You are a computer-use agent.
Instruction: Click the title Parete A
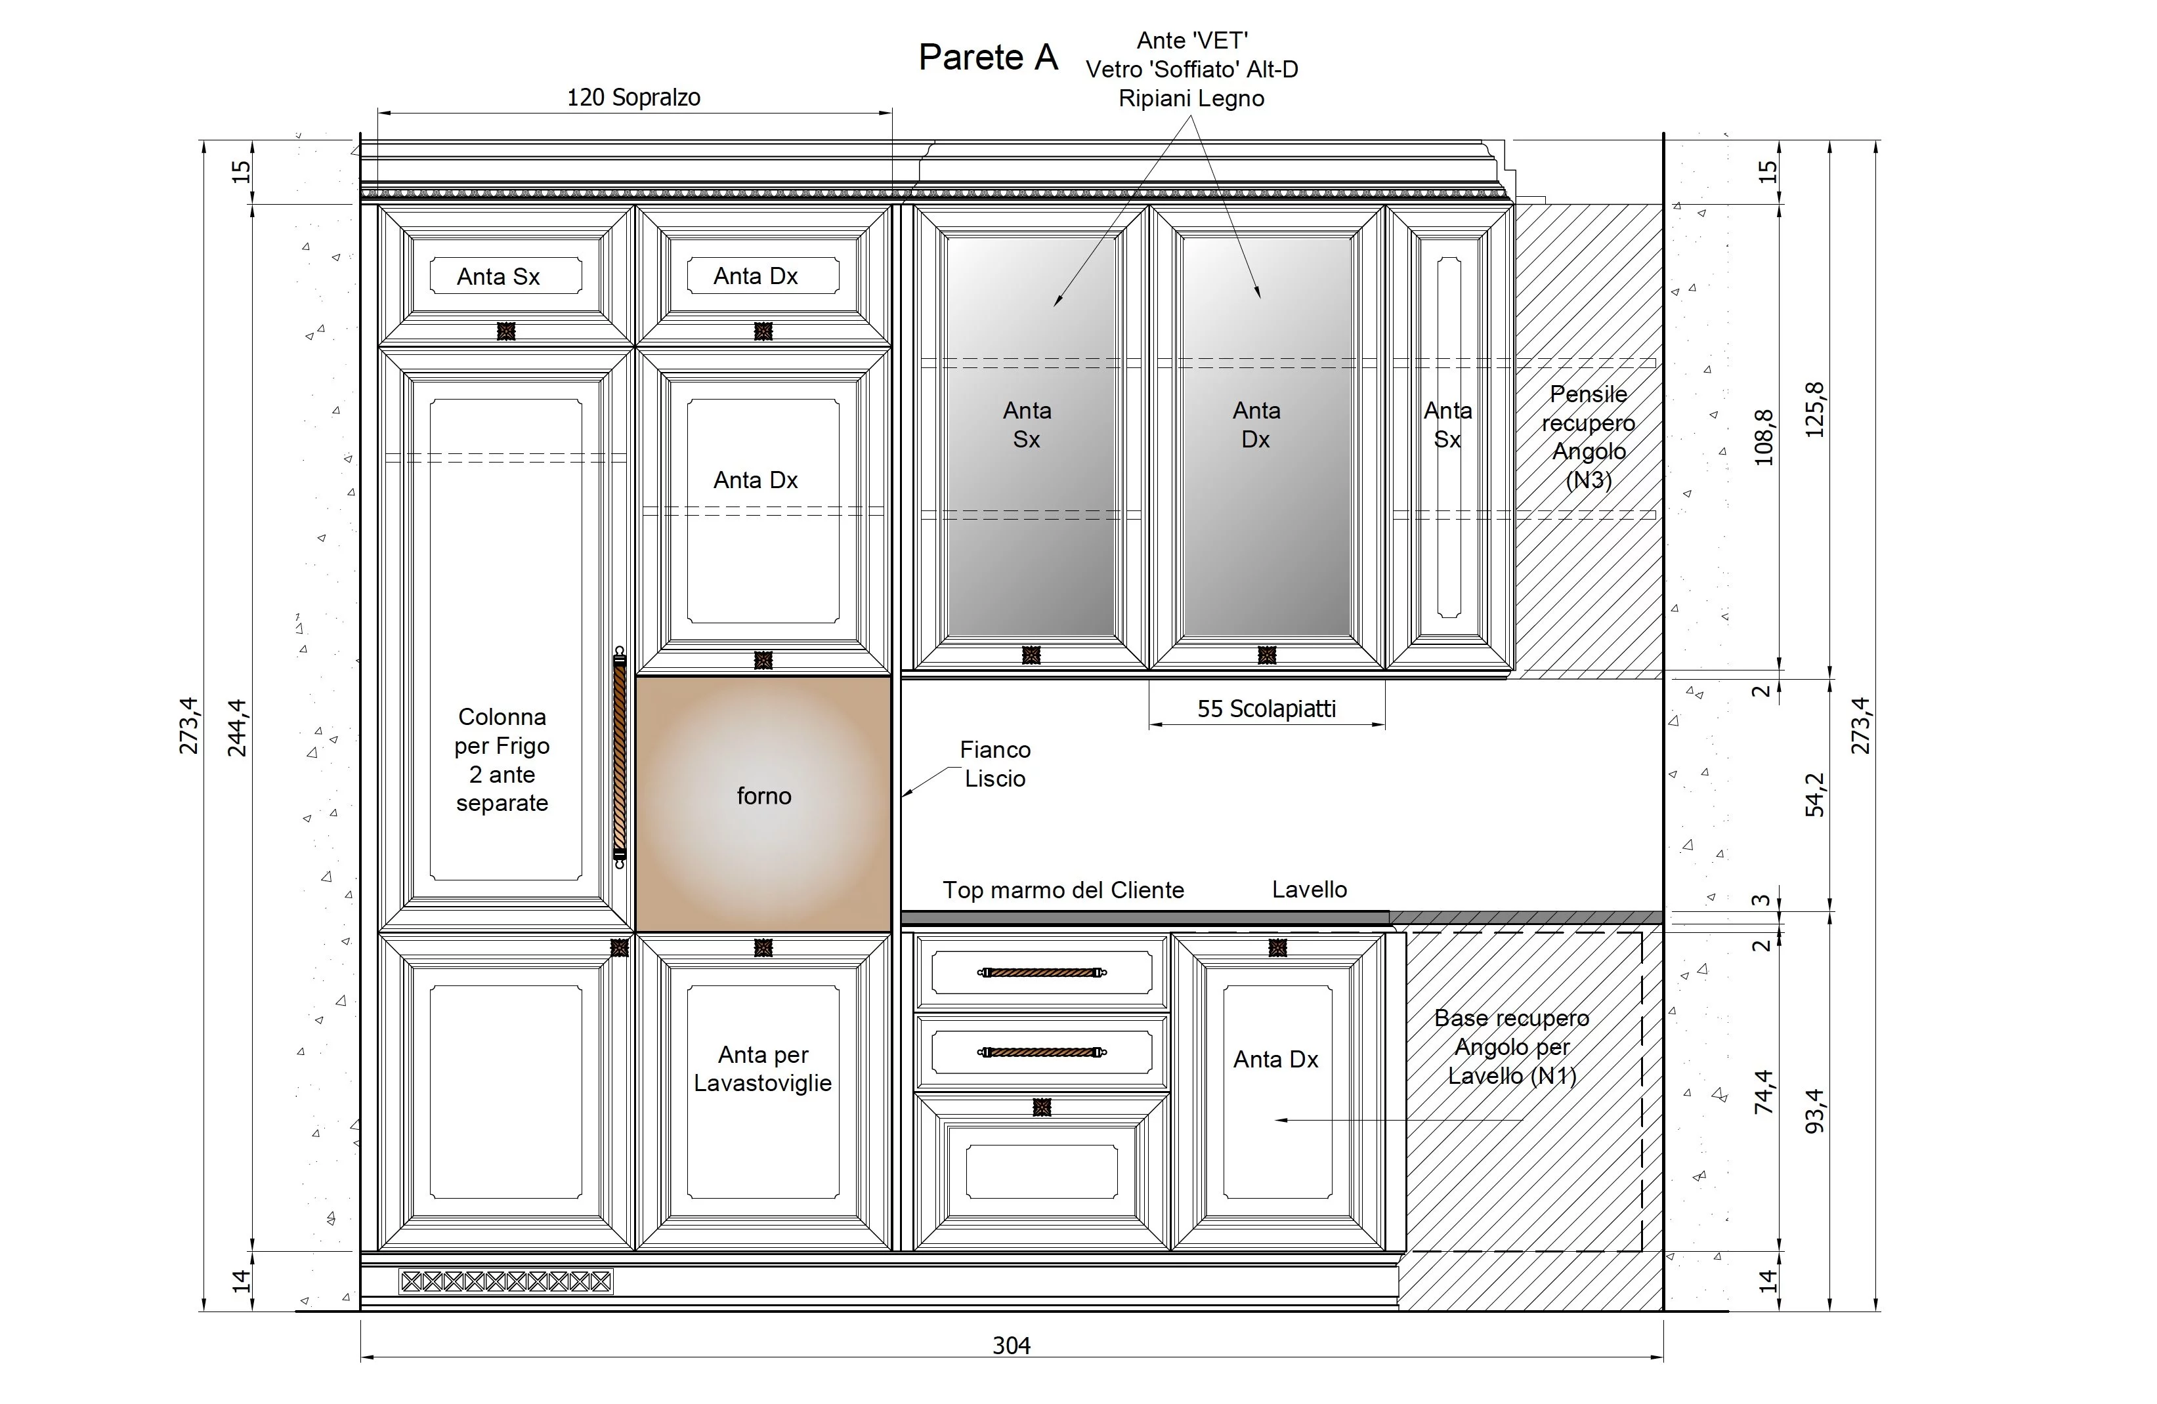click(x=988, y=57)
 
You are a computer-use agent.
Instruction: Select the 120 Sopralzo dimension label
click(x=633, y=97)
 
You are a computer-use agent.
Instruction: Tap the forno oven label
click(x=764, y=796)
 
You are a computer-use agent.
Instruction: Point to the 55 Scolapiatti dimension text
click(x=1266, y=709)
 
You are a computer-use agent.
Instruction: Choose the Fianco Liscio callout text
click(x=995, y=764)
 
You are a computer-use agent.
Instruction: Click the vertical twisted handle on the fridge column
click(x=620, y=757)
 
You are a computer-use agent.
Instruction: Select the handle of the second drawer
click(x=1042, y=1052)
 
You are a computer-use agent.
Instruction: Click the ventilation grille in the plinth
click(x=505, y=1281)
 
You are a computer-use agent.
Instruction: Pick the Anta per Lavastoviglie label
click(x=763, y=1068)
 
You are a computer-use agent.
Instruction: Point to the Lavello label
click(x=1309, y=890)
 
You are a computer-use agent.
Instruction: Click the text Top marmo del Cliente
click(x=1063, y=890)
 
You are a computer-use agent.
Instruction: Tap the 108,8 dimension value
click(x=1764, y=438)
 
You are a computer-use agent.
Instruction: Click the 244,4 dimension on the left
click(x=236, y=728)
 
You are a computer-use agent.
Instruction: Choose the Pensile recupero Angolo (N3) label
click(x=1589, y=436)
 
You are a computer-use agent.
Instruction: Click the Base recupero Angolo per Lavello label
click(x=1512, y=1046)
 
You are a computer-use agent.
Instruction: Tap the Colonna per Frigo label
click(x=502, y=760)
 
